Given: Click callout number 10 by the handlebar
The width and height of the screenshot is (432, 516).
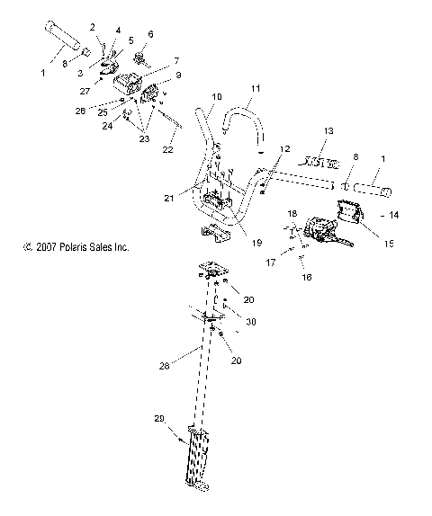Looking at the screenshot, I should pos(215,96).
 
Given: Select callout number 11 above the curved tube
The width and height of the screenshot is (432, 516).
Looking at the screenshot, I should pos(255,89).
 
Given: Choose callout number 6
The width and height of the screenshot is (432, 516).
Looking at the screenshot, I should pos(149,33).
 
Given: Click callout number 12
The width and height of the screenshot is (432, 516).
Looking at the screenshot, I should pos(284,147).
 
